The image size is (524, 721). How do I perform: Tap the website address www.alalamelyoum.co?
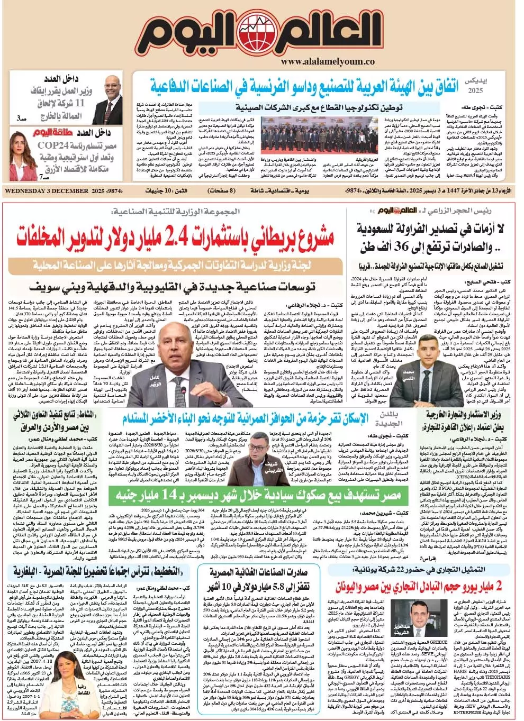(x=328, y=62)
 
